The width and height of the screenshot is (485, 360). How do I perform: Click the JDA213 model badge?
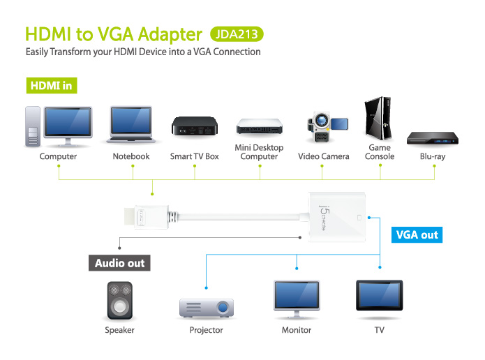point(237,34)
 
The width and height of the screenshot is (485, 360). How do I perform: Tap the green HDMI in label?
point(52,85)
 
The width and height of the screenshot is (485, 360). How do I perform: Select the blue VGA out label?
point(417,234)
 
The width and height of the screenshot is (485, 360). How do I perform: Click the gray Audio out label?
point(119,263)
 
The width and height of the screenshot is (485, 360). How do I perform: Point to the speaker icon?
point(120,300)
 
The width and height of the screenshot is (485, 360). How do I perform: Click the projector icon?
point(207,308)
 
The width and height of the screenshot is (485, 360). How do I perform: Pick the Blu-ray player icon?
point(433,138)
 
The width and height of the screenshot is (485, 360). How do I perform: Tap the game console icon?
point(378,118)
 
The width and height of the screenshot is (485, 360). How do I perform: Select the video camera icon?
point(327,127)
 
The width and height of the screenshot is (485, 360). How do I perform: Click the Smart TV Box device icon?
point(195,126)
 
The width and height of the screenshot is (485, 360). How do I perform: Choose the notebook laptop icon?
point(131,124)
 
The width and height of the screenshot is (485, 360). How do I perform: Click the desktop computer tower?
point(33,126)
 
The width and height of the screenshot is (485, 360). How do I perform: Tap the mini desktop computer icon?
point(259,126)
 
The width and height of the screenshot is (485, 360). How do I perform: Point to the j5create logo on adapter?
point(323,218)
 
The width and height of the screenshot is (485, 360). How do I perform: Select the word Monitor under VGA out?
point(297,330)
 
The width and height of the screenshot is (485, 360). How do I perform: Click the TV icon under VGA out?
point(379,295)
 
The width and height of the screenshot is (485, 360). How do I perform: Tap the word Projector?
point(206,330)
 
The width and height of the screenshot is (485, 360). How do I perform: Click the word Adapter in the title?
point(170,34)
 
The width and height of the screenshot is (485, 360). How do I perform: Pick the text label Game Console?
point(380,152)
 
